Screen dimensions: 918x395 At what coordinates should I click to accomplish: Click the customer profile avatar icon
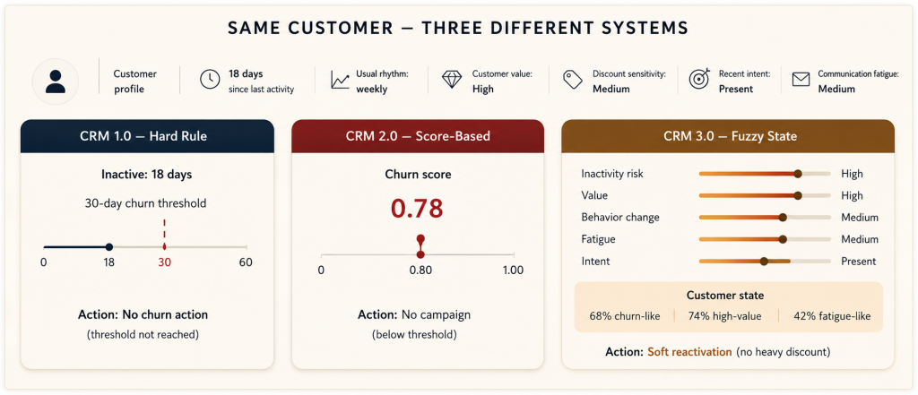tap(56, 82)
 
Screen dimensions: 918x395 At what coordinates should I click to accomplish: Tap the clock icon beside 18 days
tap(210, 80)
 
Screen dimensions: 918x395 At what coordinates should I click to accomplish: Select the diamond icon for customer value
tap(452, 80)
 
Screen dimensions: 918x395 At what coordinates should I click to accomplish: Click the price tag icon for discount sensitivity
tap(572, 80)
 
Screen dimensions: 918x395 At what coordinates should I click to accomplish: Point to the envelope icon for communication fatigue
tap(801, 80)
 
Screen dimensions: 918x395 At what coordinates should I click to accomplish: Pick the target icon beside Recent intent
tap(699, 79)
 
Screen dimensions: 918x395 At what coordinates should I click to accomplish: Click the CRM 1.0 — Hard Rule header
tap(147, 136)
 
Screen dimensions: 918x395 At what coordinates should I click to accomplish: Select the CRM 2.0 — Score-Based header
tap(418, 136)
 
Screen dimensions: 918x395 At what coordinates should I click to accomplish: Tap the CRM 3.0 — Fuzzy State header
tap(728, 136)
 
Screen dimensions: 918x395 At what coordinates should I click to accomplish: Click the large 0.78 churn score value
tap(418, 209)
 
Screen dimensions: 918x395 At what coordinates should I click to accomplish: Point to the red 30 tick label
tap(165, 262)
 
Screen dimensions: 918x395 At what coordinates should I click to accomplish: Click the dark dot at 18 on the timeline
tap(108, 247)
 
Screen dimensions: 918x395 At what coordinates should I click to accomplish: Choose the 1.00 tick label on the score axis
tap(513, 270)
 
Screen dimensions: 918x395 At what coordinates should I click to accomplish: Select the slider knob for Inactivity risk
tap(797, 174)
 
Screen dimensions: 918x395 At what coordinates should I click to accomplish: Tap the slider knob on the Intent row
tap(764, 262)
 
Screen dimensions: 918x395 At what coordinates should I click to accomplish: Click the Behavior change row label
tap(620, 217)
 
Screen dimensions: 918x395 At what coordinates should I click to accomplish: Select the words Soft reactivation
tap(689, 352)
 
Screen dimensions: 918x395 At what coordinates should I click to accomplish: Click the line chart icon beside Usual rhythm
tap(340, 80)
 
